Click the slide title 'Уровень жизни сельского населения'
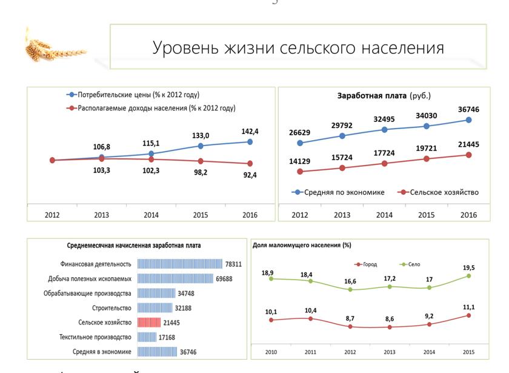coord(298,48)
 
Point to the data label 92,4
coord(249,175)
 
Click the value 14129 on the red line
coord(299,161)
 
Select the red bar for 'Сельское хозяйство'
coord(149,323)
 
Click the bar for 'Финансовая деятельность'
coord(180,264)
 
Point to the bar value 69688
coord(224,278)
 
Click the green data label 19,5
coord(468,267)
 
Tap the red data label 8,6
coord(390,319)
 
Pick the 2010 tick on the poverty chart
coord(271,352)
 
